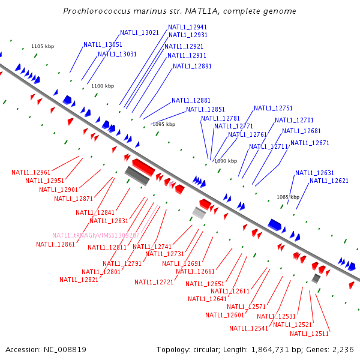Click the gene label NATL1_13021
[x=139, y=32]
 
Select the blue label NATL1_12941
[x=187, y=27]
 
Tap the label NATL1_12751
[x=273, y=108]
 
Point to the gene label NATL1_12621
[x=329, y=181]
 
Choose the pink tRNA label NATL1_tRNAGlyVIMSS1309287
[x=96, y=235]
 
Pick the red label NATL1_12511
[x=309, y=334]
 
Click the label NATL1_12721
[x=154, y=282]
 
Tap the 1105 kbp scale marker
[x=43, y=46]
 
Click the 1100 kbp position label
[x=103, y=86]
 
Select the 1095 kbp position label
[x=164, y=124]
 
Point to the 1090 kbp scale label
[x=226, y=161]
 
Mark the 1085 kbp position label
[x=287, y=197]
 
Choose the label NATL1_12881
[x=191, y=100]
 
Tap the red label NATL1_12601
[x=224, y=315]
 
